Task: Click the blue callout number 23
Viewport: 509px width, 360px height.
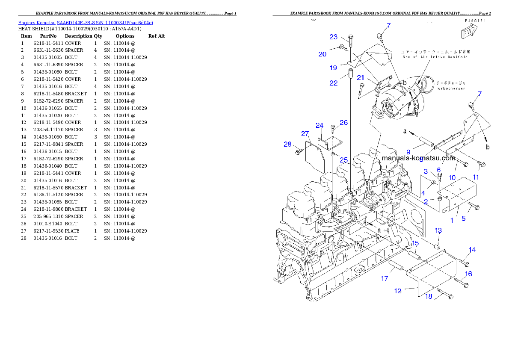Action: point(333,37)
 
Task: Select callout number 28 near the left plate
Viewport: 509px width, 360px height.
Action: point(287,144)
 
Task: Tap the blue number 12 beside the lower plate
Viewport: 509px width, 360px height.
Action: point(398,291)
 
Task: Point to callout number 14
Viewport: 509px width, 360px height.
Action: point(472,250)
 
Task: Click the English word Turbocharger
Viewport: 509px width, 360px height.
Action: point(450,89)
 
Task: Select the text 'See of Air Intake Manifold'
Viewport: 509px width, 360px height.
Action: point(435,57)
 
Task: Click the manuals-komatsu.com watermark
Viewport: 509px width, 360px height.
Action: point(418,158)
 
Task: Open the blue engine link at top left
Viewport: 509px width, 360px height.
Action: point(86,23)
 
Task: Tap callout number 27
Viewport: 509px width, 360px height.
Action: point(305,134)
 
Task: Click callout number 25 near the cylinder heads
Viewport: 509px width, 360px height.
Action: point(343,160)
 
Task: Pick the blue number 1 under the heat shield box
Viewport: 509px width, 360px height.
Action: point(452,221)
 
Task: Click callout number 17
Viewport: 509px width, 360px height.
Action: point(385,278)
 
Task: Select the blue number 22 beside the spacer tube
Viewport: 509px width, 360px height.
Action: point(333,83)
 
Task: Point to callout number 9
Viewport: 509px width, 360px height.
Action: point(408,152)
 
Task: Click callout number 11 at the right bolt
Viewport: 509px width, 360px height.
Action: point(476,177)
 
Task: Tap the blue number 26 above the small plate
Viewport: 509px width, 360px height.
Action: point(343,123)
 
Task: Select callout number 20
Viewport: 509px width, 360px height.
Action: point(322,54)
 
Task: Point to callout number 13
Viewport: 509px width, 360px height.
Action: point(438,231)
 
